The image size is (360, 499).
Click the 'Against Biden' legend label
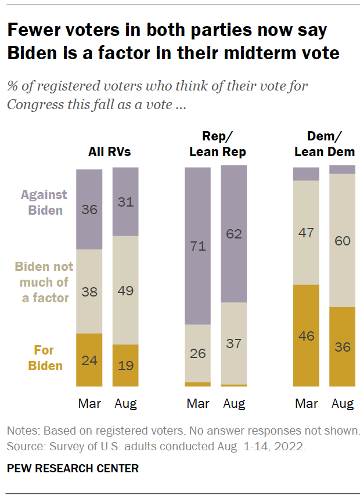tap(45, 203)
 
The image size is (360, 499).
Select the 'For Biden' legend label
tap(45, 358)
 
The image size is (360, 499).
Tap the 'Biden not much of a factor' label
tap(45, 282)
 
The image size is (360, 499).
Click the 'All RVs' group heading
tap(109, 153)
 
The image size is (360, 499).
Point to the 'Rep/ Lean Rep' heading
tap(216, 144)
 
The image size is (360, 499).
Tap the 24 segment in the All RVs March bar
tap(89, 360)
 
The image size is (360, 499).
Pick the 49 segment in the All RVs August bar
tap(125, 290)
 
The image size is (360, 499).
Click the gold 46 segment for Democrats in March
tap(306, 335)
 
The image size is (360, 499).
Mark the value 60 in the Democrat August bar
tap(343, 240)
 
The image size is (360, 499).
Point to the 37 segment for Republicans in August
tap(234, 343)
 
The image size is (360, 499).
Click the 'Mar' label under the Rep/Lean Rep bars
tap(198, 403)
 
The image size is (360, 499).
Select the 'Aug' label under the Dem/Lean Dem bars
tap(343, 403)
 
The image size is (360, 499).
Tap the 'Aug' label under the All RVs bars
tap(125, 403)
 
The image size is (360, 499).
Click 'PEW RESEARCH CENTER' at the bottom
tap(73, 468)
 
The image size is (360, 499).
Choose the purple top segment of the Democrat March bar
tap(306, 174)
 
